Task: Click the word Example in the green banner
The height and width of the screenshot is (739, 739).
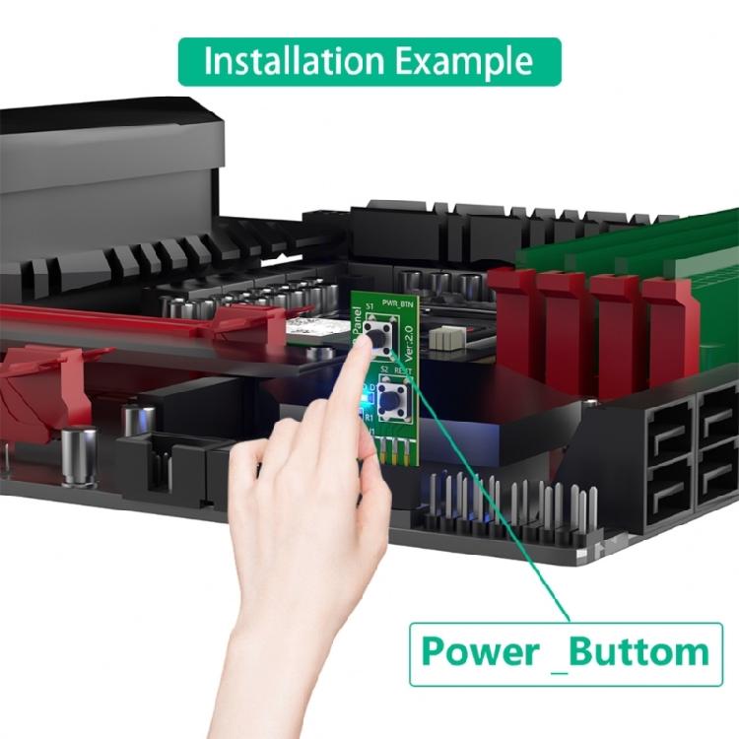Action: [465, 61]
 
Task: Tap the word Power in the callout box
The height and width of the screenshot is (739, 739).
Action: [481, 651]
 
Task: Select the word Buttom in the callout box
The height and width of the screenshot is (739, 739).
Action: [639, 651]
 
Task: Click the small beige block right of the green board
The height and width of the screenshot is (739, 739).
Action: [450, 338]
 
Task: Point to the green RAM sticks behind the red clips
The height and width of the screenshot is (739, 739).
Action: [611, 251]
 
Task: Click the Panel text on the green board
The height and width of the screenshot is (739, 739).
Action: [356, 326]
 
